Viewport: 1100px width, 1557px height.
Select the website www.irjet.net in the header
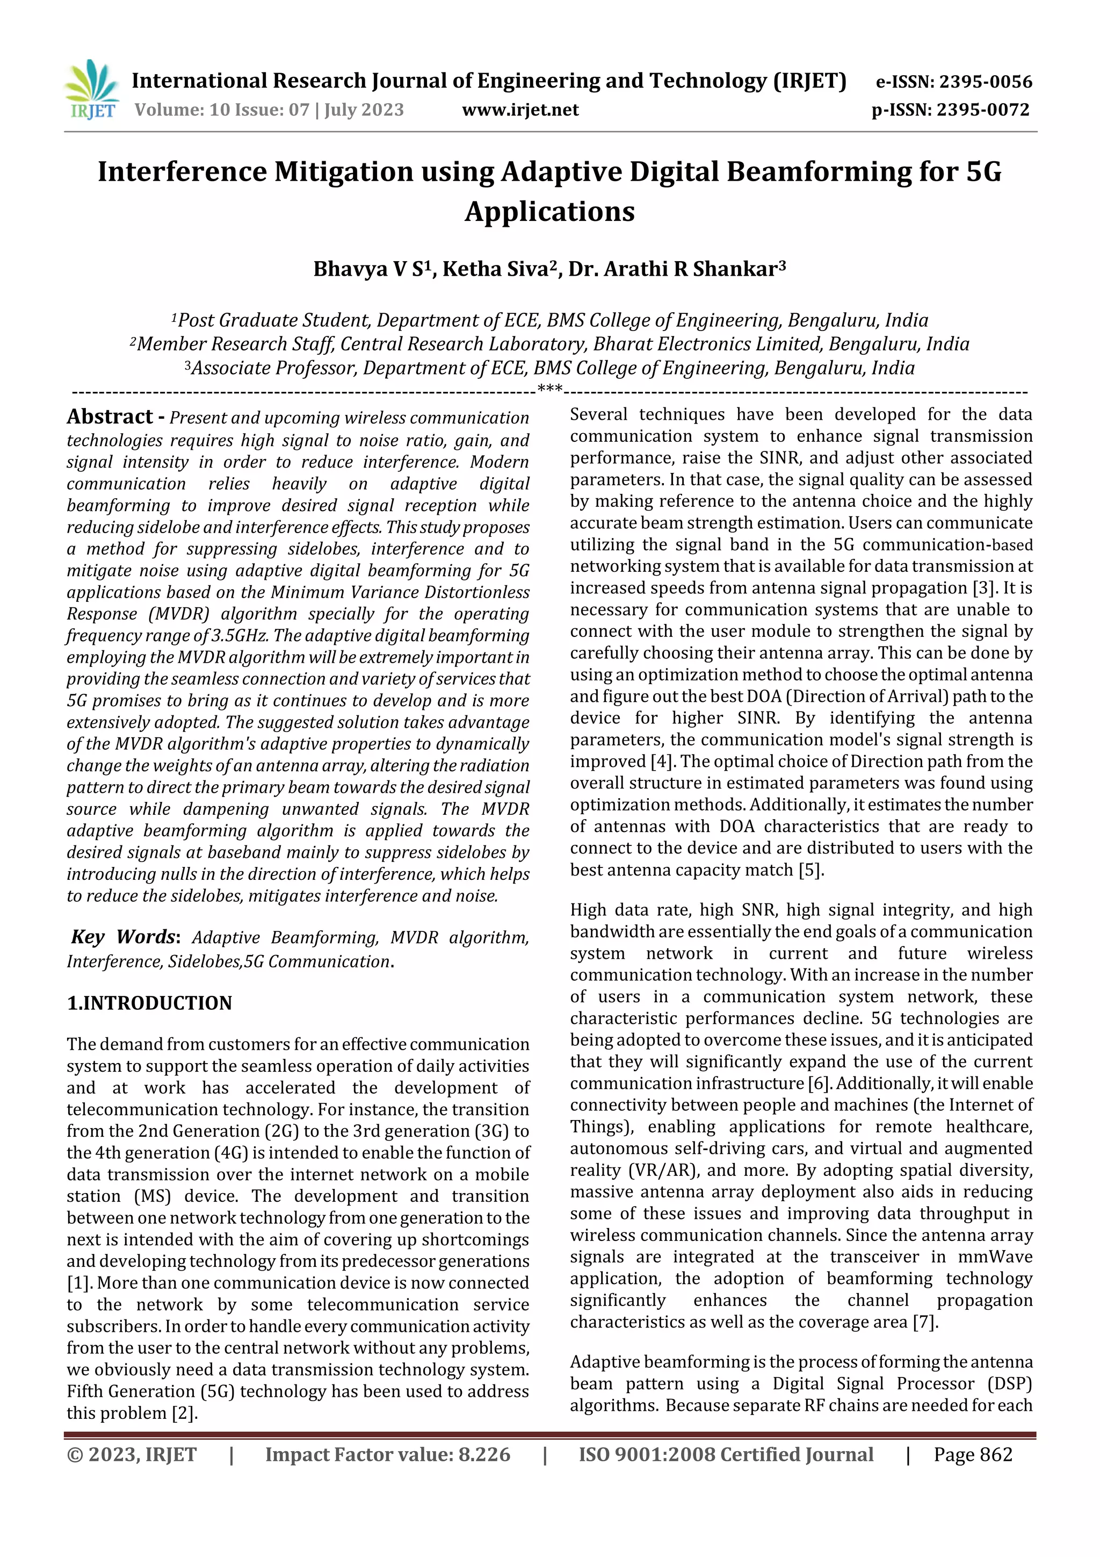point(520,110)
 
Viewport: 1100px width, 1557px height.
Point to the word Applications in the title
point(549,212)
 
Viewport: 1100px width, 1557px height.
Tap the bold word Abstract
point(110,417)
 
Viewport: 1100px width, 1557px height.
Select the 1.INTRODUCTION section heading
point(149,1003)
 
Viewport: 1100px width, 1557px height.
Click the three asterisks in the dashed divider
point(549,389)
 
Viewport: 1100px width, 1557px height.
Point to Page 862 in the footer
point(973,1454)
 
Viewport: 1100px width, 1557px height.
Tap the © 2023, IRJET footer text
point(132,1454)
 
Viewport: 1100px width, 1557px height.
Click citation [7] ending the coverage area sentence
point(925,1322)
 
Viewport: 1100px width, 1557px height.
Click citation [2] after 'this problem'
point(184,1414)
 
